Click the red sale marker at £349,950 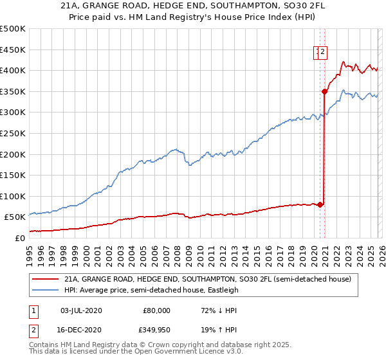[x=325, y=91]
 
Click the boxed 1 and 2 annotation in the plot [x=321, y=53]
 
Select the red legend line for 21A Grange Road [x=46, y=280]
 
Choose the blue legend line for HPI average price [x=46, y=290]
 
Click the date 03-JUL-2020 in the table [x=80, y=310]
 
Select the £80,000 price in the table [x=156, y=310]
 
